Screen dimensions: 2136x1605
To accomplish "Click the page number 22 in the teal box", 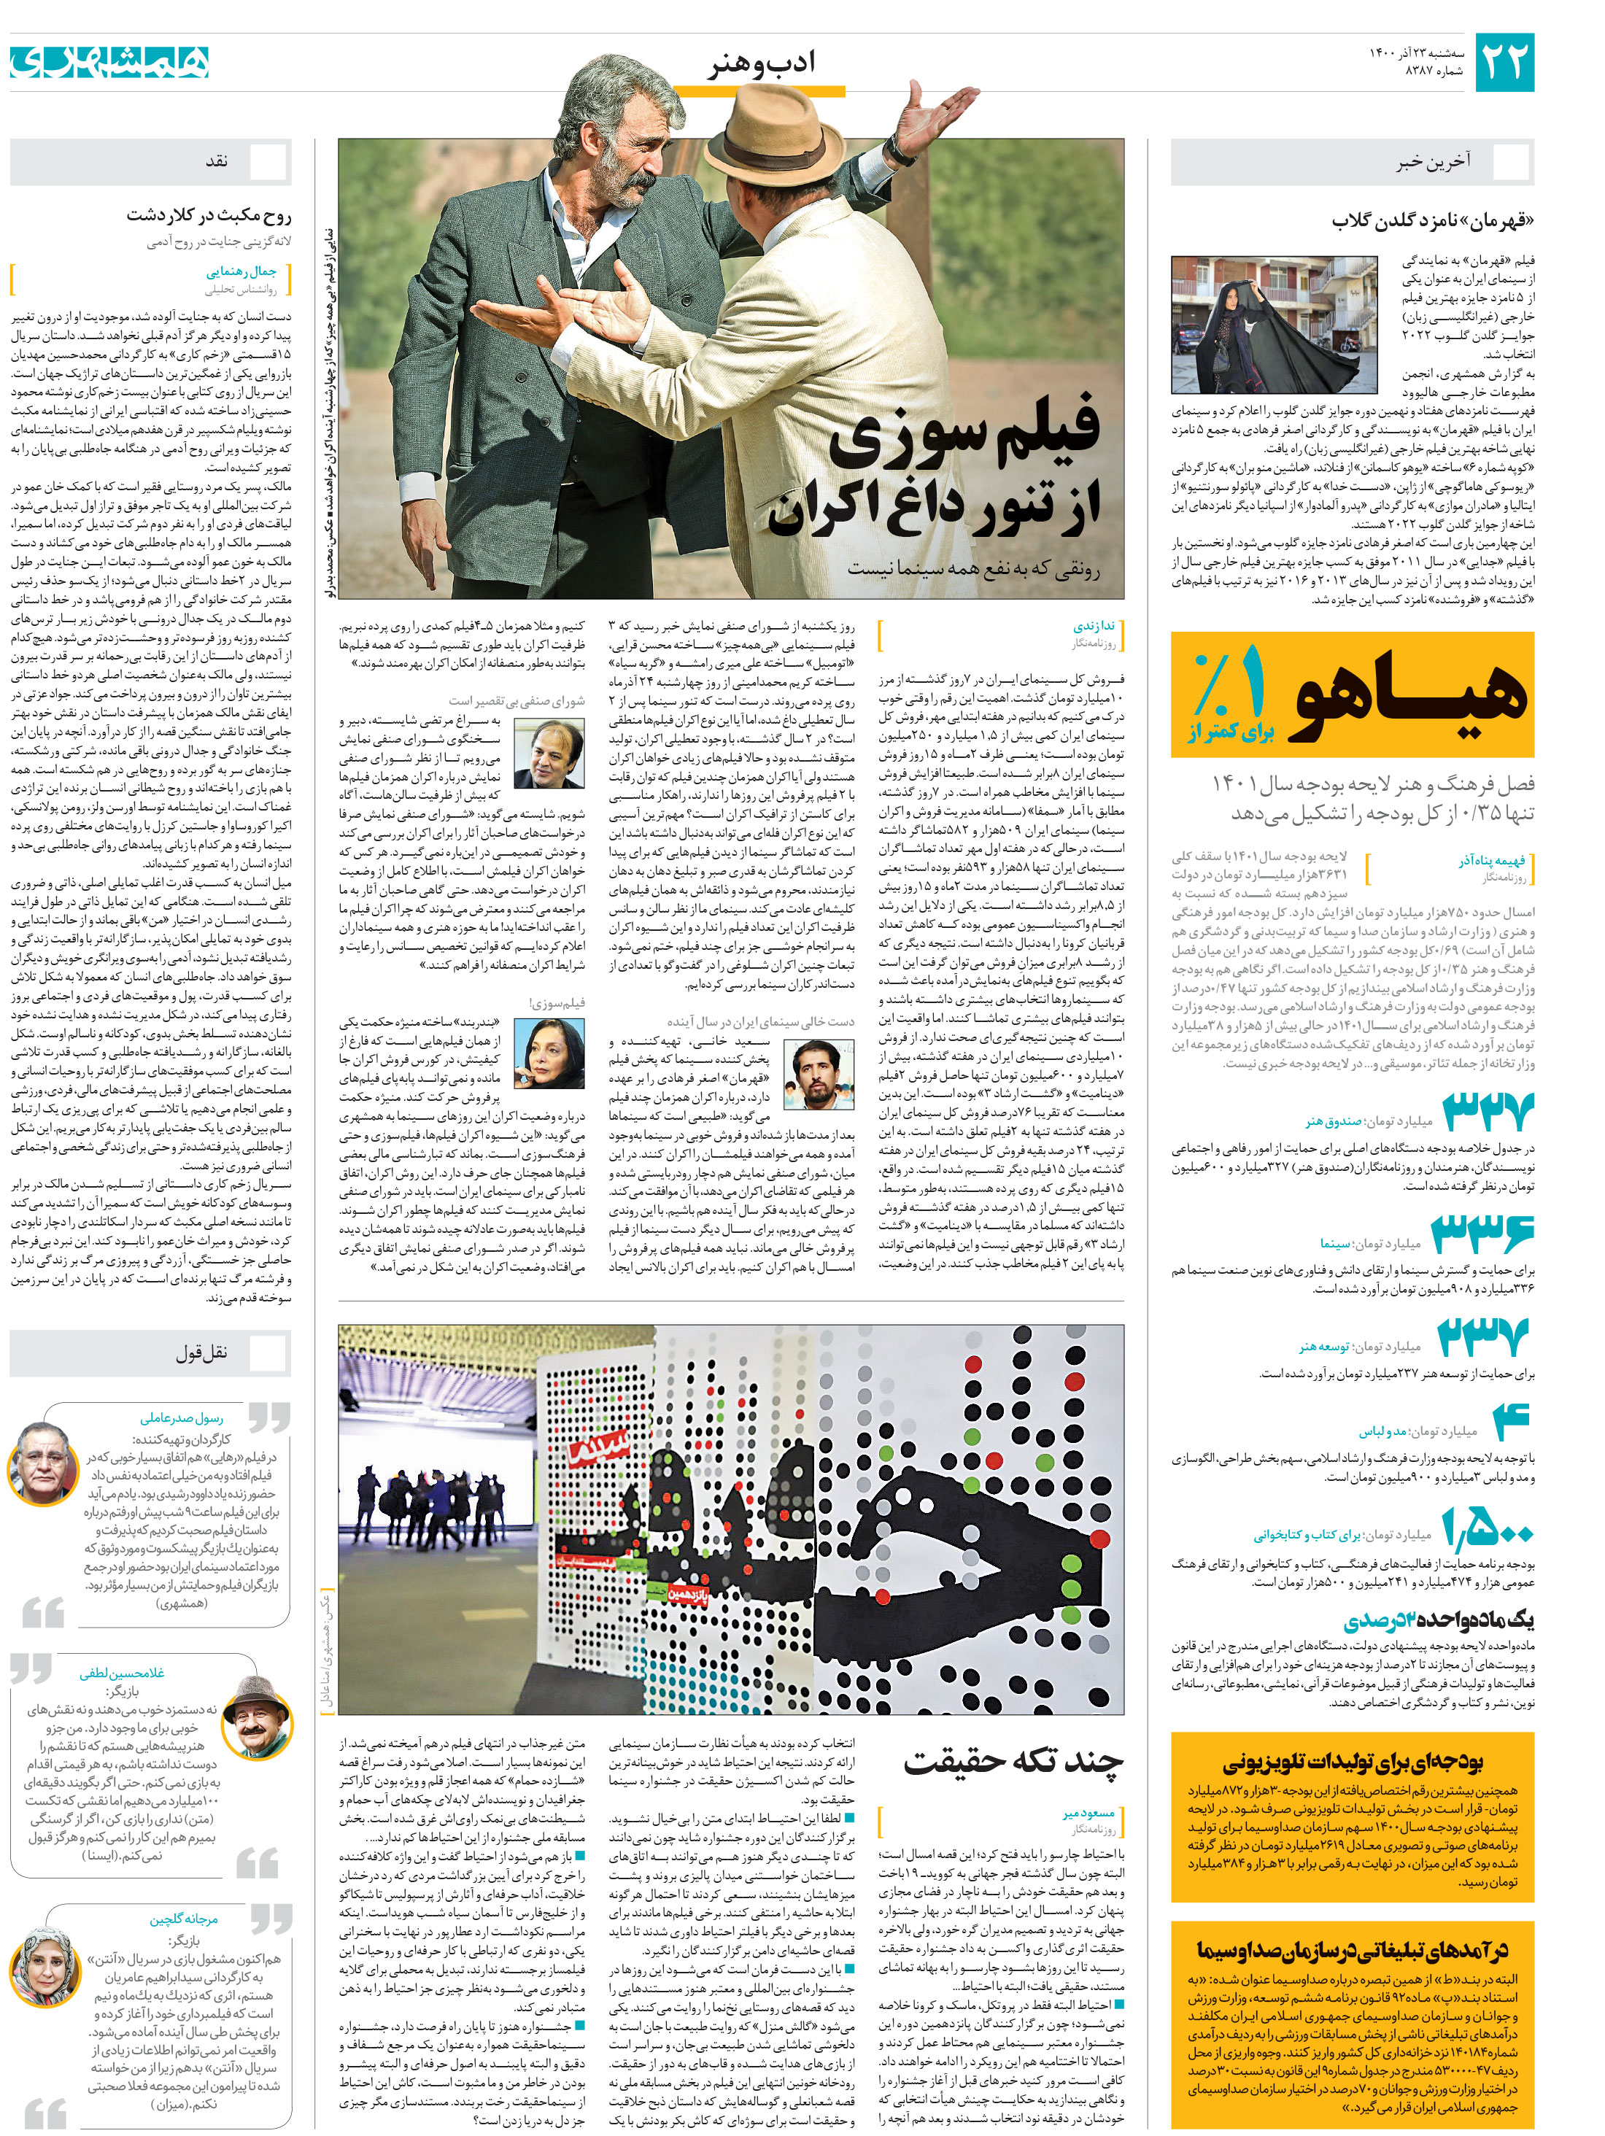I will tap(1504, 62).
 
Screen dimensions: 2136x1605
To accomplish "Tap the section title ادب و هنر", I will tap(761, 63).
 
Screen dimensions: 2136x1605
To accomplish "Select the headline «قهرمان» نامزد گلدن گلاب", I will tap(1432, 220).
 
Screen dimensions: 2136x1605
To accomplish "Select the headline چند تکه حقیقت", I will tap(1013, 1760).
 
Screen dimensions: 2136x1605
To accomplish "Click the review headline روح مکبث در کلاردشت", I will tap(209, 214).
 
